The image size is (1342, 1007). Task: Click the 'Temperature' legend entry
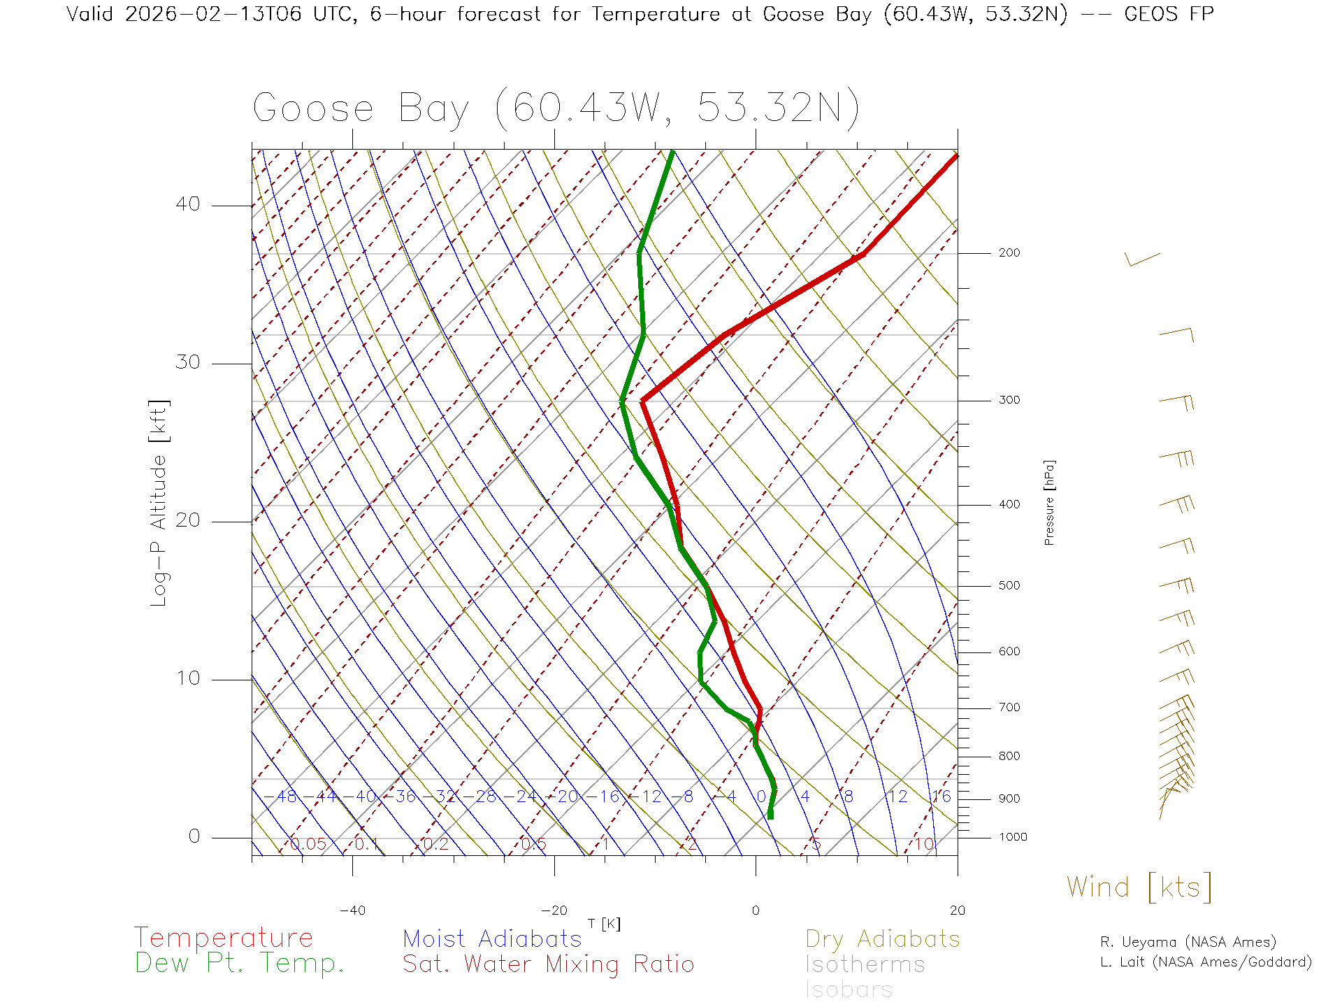pos(223,937)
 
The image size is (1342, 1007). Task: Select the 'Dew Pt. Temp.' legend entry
pos(240,964)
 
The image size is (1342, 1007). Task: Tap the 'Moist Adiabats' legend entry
pos(492,938)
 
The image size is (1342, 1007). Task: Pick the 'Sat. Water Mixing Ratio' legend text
pos(548,964)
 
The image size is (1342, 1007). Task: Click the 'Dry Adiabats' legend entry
pos(882,938)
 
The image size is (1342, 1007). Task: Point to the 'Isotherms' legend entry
pos(865,964)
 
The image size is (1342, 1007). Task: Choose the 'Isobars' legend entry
pos(849,990)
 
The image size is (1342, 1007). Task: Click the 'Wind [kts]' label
pos(1139,887)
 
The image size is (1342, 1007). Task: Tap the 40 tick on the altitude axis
pos(187,204)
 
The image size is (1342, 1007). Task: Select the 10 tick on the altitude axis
pos(187,678)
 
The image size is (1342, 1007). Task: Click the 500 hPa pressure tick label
pos(1009,585)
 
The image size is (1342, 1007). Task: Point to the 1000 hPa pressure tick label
pos(1013,837)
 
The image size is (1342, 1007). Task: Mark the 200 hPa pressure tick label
pos(1009,252)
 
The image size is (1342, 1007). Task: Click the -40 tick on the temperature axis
pos(352,910)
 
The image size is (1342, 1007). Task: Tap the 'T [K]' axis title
pos(604,924)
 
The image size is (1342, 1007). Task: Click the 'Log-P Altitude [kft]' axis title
pos(159,503)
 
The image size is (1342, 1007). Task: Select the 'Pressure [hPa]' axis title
pos(1049,502)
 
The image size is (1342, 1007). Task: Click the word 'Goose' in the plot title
pos(313,108)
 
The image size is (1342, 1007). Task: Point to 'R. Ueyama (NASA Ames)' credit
pos(1188,942)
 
